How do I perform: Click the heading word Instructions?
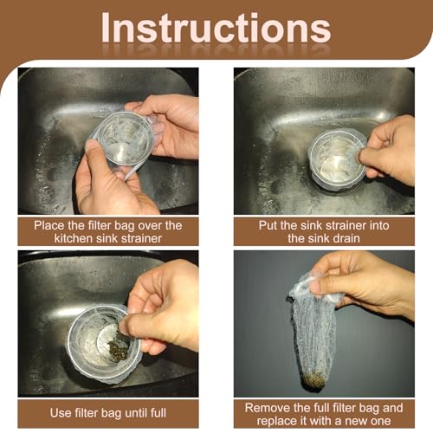pyautogui.click(x=216, y=28)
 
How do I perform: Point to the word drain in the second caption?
pyautogui.click(x=347, y=238)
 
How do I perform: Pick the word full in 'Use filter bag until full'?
pyautogui.click(x=158, y=413)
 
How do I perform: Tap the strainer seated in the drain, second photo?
pyautogui.click(x=336, y=159)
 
